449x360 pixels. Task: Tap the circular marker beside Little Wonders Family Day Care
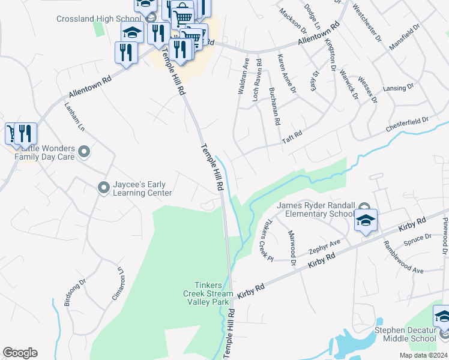[x=83, y=152]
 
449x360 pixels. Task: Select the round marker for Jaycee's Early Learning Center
[x=103, y=188]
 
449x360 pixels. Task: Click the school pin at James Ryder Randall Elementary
[x=366, y=220]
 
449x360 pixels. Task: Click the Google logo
[x=20, y=353]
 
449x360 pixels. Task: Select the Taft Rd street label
[x=292, y=138]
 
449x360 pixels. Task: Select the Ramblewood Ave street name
[x=400, y=257]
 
